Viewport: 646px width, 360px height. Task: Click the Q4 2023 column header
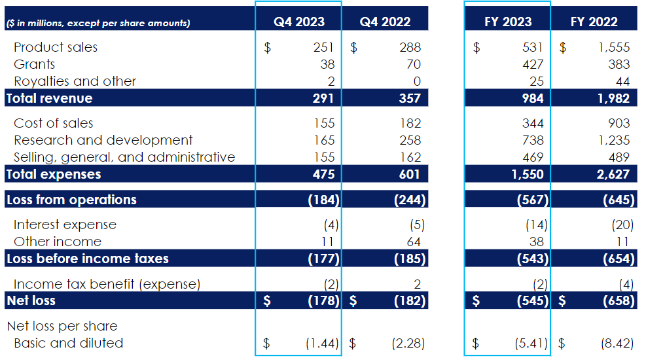tap(298, 22)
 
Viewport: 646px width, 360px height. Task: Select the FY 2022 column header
tap(594, 22)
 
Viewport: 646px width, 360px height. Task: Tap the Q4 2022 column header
tap(385, 22)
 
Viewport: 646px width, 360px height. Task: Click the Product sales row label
tap(56, 47)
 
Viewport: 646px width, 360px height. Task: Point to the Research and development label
tap(103, 140)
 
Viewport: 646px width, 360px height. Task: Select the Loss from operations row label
tap(71, 200)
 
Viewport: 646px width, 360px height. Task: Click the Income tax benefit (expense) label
tap(107, 284)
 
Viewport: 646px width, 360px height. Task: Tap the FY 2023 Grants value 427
tap(533, 64)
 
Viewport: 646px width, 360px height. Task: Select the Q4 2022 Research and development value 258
tap(410, 140)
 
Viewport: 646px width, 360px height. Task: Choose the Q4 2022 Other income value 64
tap(414, 242)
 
